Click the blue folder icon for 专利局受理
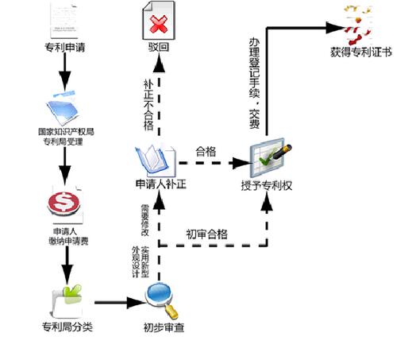point(65,109)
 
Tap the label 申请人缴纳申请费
point(64,236)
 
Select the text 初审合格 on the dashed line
point(207,234)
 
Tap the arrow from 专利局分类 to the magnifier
point(119,303)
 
